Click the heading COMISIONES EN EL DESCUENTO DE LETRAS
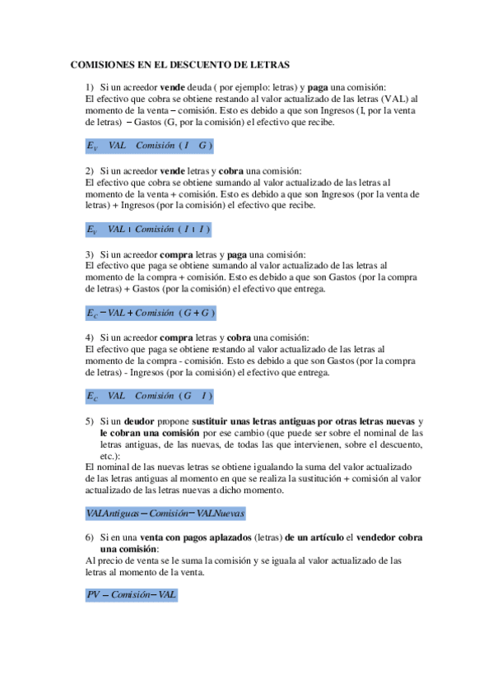tap(180, 63)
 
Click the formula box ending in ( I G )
tap(149, 146)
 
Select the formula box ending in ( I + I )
tap(149, 229)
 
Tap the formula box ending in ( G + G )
tap(150, 313)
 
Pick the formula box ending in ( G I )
tap(149, 396)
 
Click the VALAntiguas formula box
tap(165, 513)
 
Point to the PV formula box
tap(131, 594)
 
